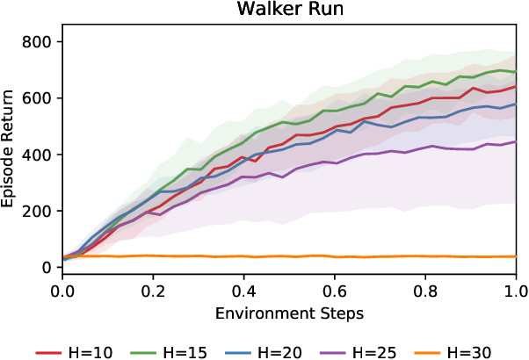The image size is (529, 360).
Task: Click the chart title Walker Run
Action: [x=288, y=10]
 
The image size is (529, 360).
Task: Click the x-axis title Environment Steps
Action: [x=288, y=312]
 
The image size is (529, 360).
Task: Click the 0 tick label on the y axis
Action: [x=49, y=267]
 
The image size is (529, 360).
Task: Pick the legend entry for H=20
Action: [x=264, y=351]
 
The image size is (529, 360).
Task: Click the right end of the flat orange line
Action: [x=515, y=256]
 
